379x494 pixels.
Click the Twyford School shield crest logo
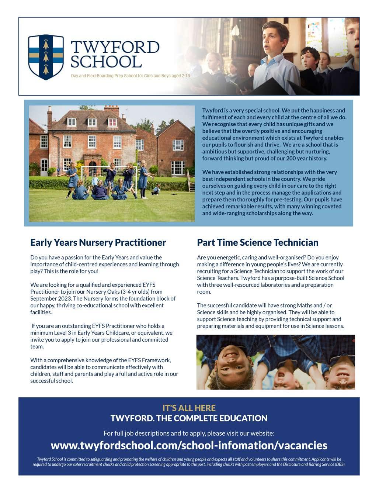point(46,57)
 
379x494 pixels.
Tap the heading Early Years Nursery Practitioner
point(98,242)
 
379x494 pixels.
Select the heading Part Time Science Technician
point(257,242)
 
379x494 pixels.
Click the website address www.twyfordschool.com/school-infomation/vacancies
point(189,445)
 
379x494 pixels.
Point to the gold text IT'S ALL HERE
point(189,408)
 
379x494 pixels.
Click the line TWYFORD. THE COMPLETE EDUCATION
point(189,418)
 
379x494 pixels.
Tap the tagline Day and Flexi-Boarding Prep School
point(131,76)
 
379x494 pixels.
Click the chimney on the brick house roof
point(111,109)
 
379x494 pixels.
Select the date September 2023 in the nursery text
point(49,298)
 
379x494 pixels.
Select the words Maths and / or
point(314,305)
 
